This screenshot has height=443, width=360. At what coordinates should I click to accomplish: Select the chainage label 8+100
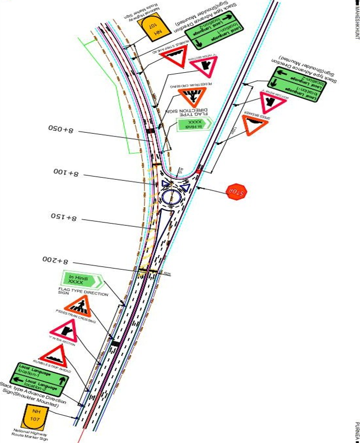tap(66, 173)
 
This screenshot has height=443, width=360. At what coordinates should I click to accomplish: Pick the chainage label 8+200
tap(56, 259)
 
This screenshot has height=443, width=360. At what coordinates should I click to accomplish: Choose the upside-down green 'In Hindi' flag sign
tap(191, 126)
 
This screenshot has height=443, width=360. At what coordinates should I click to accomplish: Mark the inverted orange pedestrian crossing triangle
tap(192, 97)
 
